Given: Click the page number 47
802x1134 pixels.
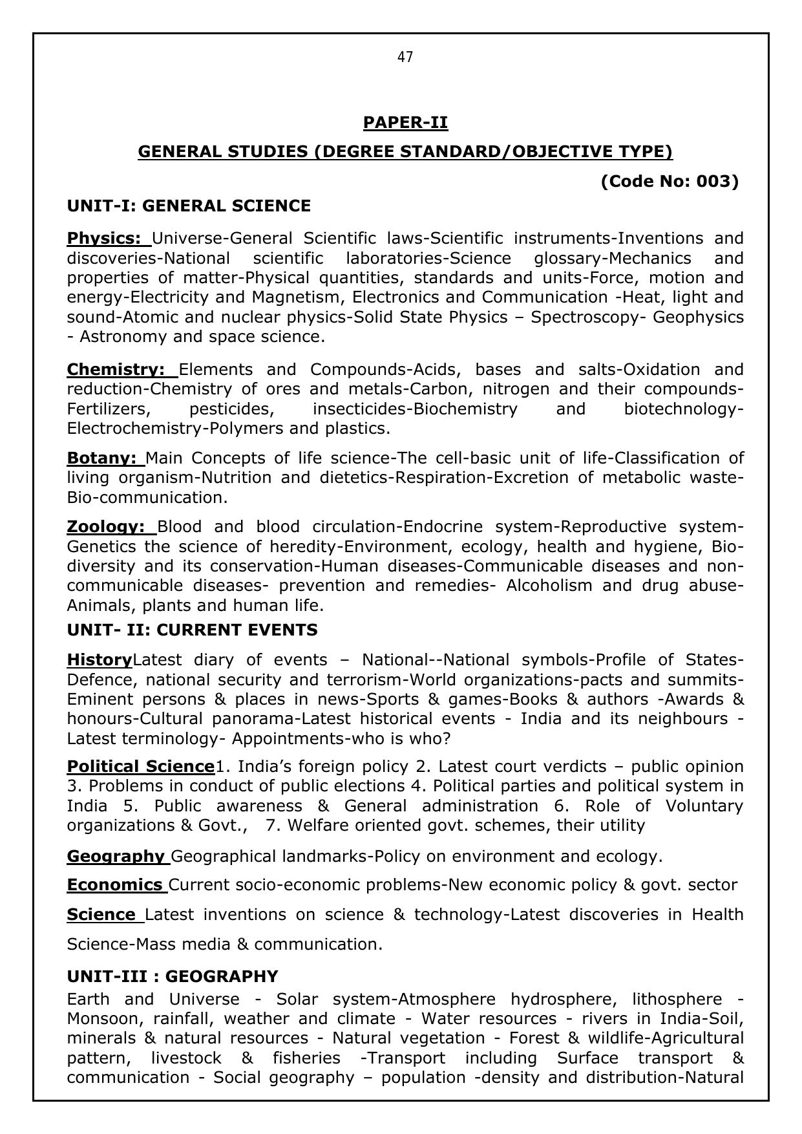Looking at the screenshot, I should tap(405, 58).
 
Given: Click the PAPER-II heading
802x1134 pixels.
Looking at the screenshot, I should tap(405, 122).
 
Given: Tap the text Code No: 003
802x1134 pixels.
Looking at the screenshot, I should tap(670, 181).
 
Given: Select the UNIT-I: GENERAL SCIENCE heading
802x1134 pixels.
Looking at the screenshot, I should tap(189, 206).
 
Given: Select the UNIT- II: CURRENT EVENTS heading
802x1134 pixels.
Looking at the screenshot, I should tap(192, 629).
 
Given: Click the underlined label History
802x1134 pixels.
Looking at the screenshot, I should tap(100, 659).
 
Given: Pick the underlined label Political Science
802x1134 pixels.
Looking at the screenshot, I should tap(140, 766).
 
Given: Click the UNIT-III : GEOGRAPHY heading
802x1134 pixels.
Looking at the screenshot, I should tap(173, 976).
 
